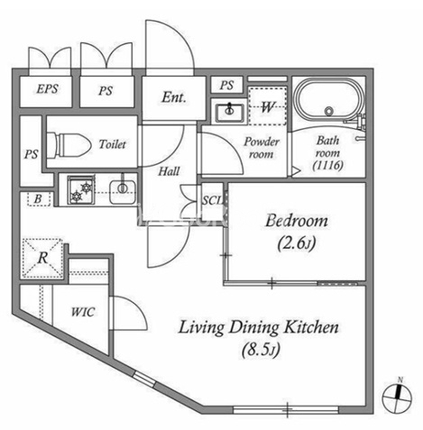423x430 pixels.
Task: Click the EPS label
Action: pyautogui.click(x=47, y=88)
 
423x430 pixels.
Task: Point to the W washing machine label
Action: pyautogui.click(x=268, y=106)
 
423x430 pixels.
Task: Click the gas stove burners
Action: pyautogui.click(x=81, y=190)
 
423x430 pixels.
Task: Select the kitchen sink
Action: pyautogui.click(x=123, y=191)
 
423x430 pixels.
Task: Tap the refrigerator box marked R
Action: pyautogui.click(x=42, y=258)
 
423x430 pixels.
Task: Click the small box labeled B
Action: pyautogui.click(x=39, y=199)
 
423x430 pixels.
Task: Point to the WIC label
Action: pyautogui.click(x=83, y=312)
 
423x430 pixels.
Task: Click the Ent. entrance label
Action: pyautogui.click(x=174, y=97)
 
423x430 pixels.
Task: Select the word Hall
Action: pyautogui.click(x=169, y=171)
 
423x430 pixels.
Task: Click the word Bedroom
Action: pyautogui.click(x=297, y=221)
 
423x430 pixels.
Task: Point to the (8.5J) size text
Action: pyautogui.click(x=261, y=350)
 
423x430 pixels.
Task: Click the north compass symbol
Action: pyautogui.click(x=397, y=397)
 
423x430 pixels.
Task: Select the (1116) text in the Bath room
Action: pyautogui.click(x=327, y=165)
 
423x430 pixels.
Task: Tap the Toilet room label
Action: pyautogui.click(x=113, y=144)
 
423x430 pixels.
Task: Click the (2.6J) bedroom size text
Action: pyautogui.click(x=297, y=243)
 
